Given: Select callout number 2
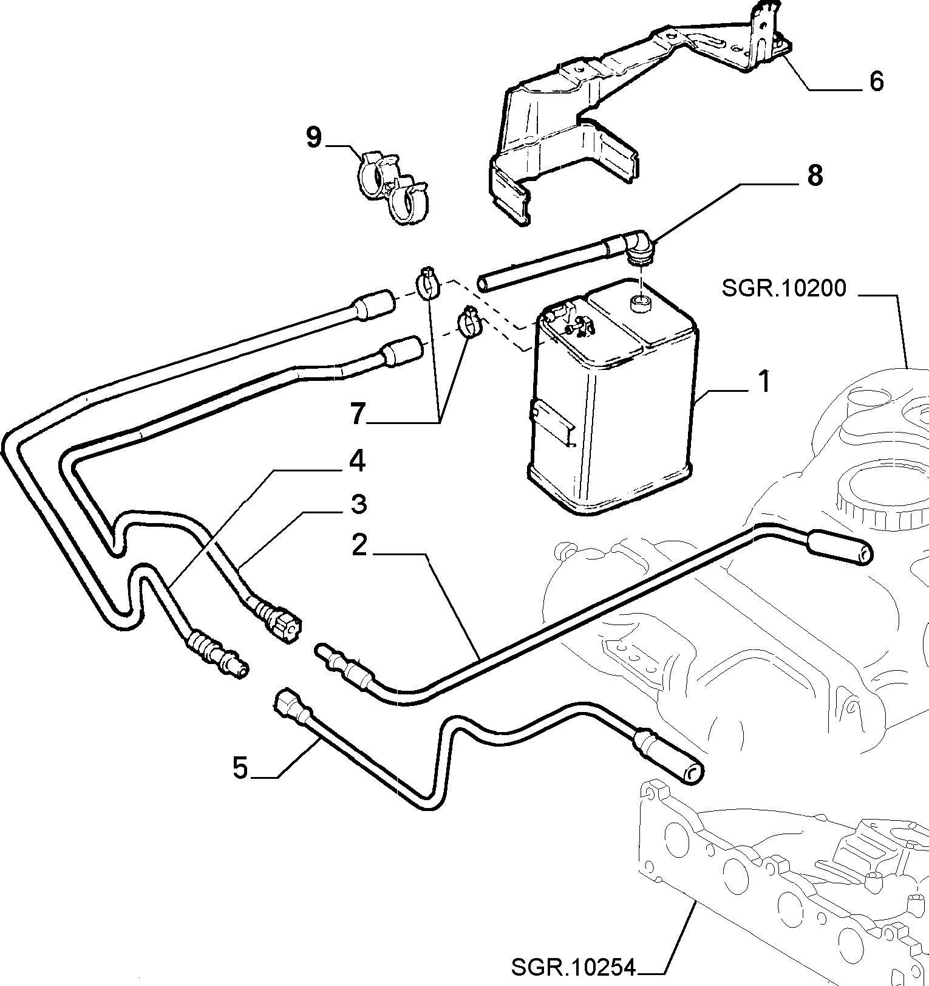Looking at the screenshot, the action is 359,545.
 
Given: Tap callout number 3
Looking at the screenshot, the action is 359,504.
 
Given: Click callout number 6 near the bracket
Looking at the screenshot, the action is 876,81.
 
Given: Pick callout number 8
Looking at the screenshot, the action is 814,175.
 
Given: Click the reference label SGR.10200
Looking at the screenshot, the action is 784,288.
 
